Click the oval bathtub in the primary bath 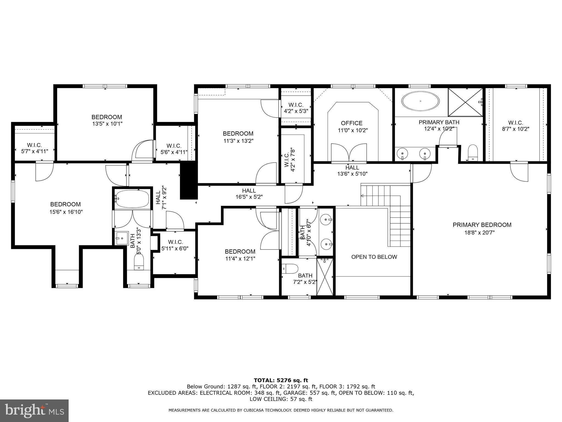[420, 101]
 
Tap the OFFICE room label [352, 123]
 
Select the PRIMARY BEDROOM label [482, 225]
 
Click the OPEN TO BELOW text [374, 257]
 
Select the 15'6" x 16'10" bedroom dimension [66, 212]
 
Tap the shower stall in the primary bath [465, 102]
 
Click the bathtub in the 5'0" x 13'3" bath [132, 198]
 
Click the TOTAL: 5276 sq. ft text [281, 381]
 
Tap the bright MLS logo [34, 411]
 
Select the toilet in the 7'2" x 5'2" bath [290, 268]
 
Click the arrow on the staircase [362, 196]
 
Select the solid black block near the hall [189, 181]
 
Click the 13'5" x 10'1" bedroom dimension [107, 124]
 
